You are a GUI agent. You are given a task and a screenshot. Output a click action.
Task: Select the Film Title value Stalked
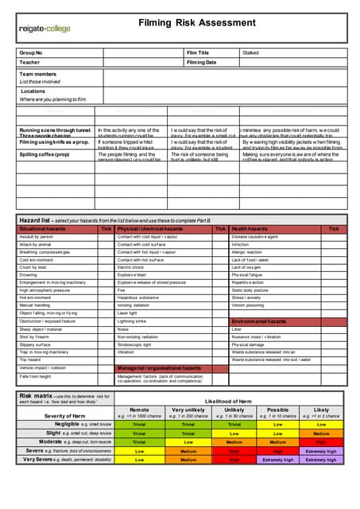click(250, 52)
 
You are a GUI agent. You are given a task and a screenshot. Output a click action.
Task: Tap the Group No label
click(31, 52)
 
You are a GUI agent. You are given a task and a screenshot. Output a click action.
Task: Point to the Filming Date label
click(203, 62)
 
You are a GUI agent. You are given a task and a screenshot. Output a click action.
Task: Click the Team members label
click(38, 74)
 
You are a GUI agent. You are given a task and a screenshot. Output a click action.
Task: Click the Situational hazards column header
click(43, 229)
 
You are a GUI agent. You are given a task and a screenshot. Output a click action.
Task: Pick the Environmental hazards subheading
click(259, 321)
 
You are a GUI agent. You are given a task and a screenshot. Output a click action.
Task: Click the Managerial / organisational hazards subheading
click(159, 368)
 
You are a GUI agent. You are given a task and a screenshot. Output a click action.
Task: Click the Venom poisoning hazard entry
click(248, 305)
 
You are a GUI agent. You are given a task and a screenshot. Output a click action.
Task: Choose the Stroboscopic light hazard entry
click(137, 345)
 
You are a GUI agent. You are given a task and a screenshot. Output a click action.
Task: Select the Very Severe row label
click(49, 459)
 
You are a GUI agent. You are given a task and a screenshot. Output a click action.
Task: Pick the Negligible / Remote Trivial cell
click(139, 425)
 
